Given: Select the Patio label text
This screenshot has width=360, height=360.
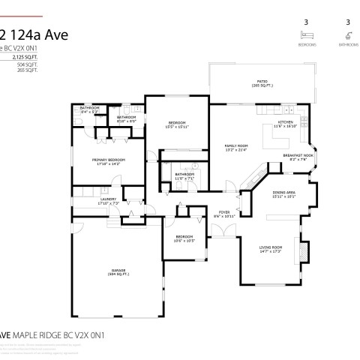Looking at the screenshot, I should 262,83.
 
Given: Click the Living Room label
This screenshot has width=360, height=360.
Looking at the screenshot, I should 270,248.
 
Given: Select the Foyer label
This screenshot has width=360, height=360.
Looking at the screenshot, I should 224,214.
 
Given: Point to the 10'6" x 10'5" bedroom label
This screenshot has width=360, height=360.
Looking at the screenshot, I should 185,239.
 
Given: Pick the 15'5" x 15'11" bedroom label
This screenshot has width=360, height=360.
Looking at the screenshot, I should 178,124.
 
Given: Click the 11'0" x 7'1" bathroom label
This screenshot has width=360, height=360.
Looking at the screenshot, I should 184,176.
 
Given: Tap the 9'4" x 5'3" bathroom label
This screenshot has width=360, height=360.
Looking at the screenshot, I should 90,110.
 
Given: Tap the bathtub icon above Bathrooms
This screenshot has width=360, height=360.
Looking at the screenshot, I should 347,35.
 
